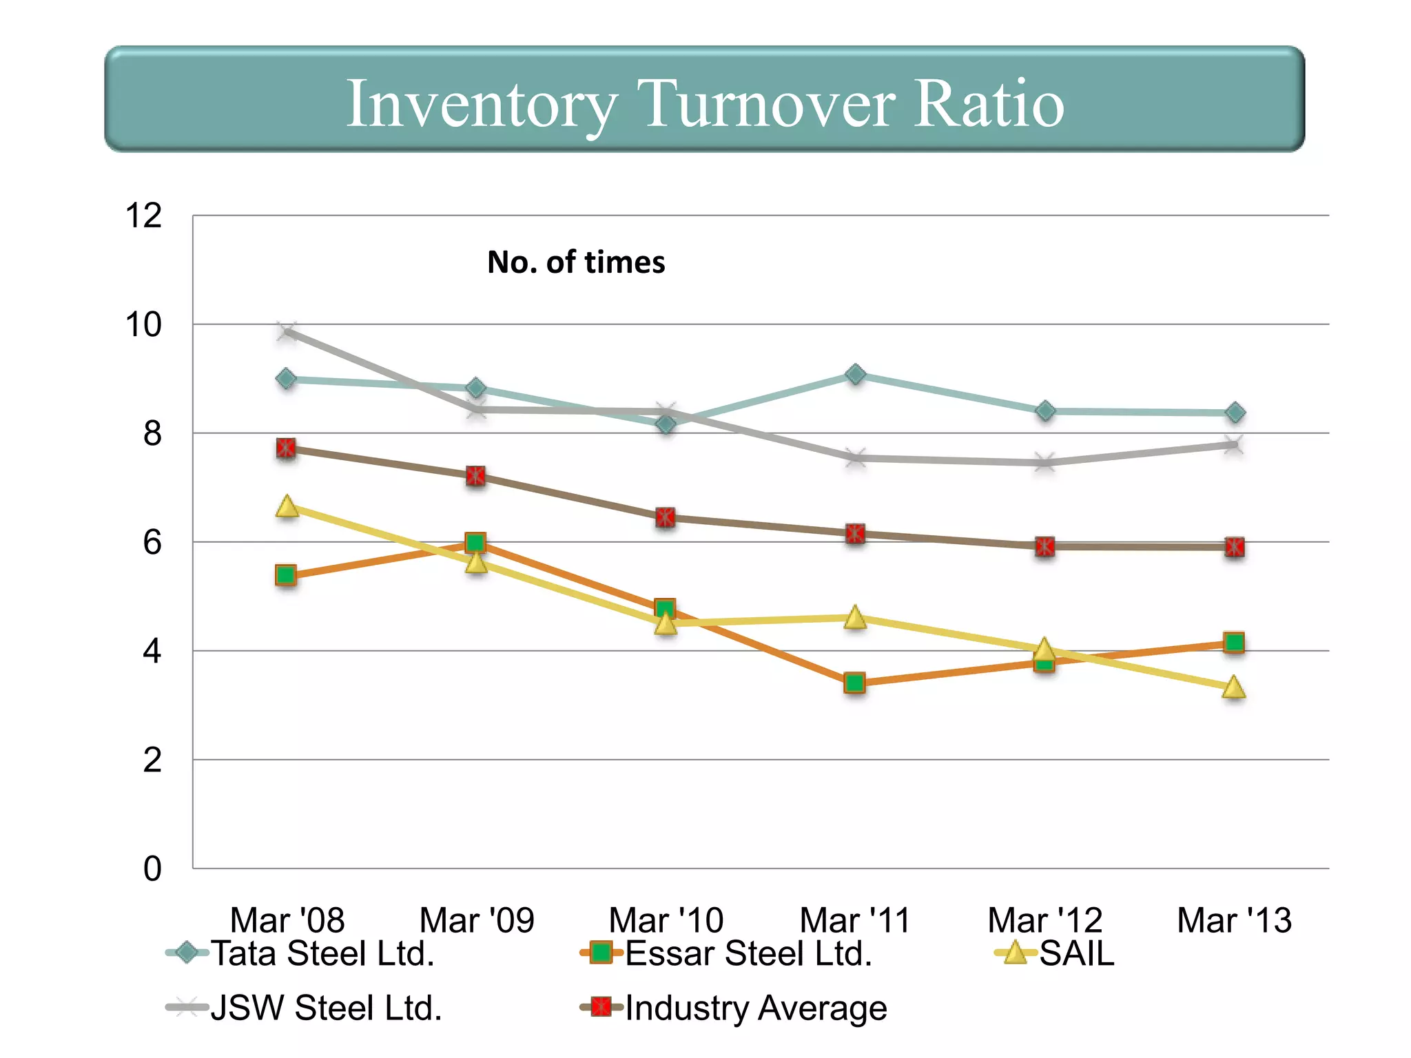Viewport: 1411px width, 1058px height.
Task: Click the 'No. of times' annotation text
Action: (x=576, y=262)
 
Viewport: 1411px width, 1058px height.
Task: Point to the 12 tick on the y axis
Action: (x=143, y=216)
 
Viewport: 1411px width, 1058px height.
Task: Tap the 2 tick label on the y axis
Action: (x=152, y=760)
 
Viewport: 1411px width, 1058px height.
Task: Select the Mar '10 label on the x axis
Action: (x=666, y=920)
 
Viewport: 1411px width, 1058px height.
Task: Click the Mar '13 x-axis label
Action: (x=1234, y=920)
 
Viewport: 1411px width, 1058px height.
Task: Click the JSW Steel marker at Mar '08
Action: (x=287, y=332)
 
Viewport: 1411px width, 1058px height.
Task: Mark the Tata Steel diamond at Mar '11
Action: (x=855, y=374)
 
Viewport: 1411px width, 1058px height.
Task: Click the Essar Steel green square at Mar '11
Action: (x=855, y=683)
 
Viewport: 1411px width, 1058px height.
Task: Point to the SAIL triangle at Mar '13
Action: (x=1234, y=687)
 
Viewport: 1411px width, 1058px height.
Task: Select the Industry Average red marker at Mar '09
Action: (x=475, y=476)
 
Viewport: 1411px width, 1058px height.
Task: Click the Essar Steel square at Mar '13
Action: (x=1234, y=643)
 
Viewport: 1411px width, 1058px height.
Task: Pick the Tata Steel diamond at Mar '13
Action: (x=1235, y=413)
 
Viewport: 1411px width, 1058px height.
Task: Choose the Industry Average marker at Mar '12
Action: (x=1045, y=547)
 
